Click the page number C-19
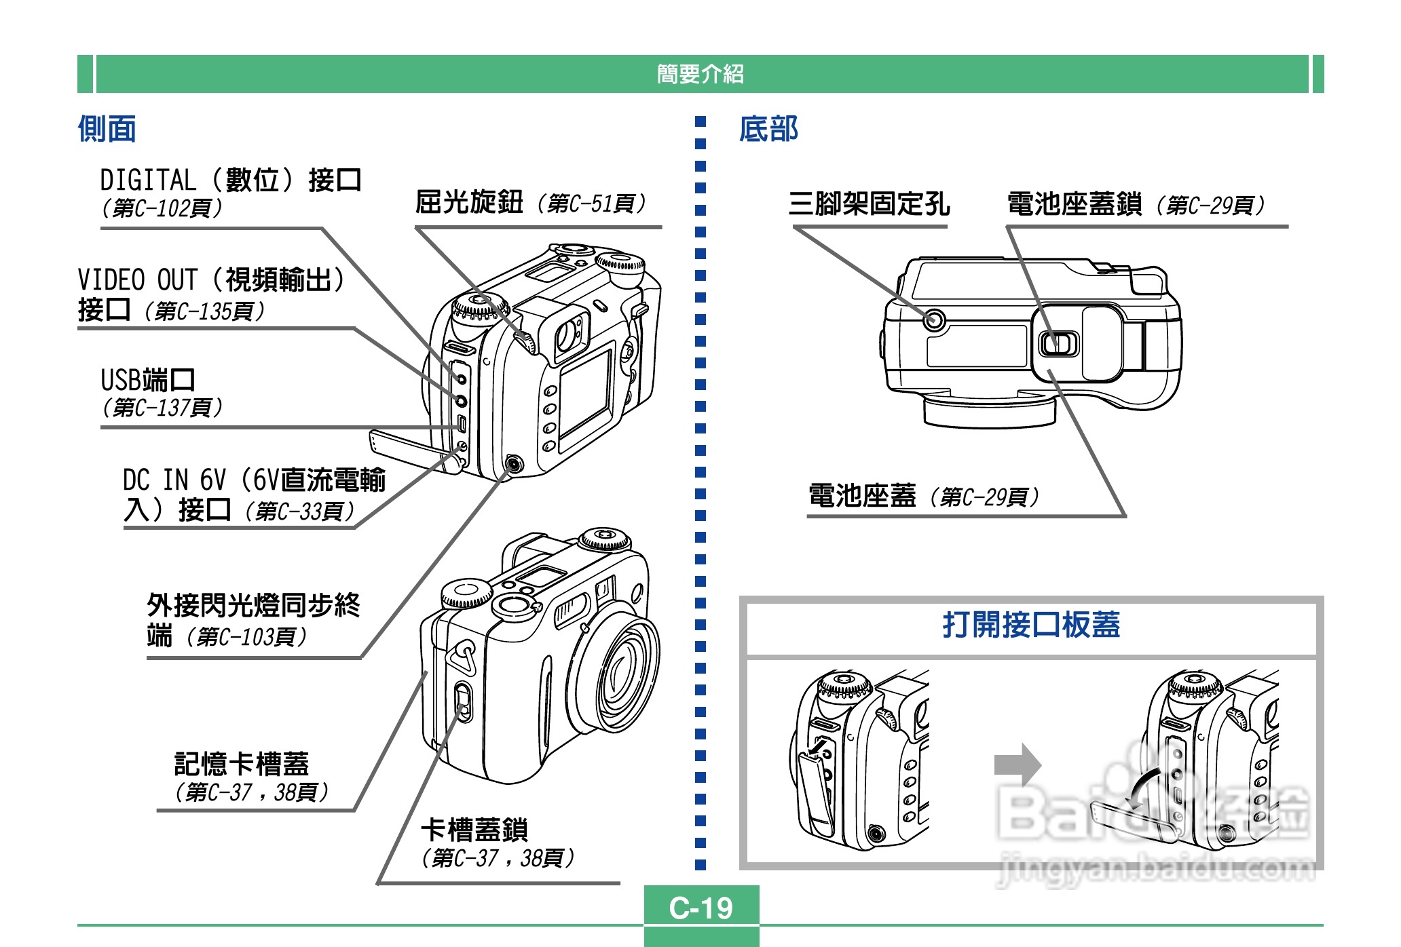click(x=700, y=908)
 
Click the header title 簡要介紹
click(x=700, y=73)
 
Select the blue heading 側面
click(x=107, y=128)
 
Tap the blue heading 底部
click(x=768, y=128)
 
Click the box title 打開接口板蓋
click(x=1030, y=625)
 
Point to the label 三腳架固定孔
click(x=869, y=204)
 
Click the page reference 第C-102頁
click(x=162, y=208)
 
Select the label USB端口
click(x=147, y=380)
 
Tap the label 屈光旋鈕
click(x=469, y=202)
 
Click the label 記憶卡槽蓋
click(x=241, y=764)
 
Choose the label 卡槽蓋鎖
click(x=474, y=830)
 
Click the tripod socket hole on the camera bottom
click(x=934, y=319)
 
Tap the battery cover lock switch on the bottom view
click(x=1058, y=343)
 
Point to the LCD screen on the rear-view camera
click(x=585, y=393)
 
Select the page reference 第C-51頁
click(x=591, y=203)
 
